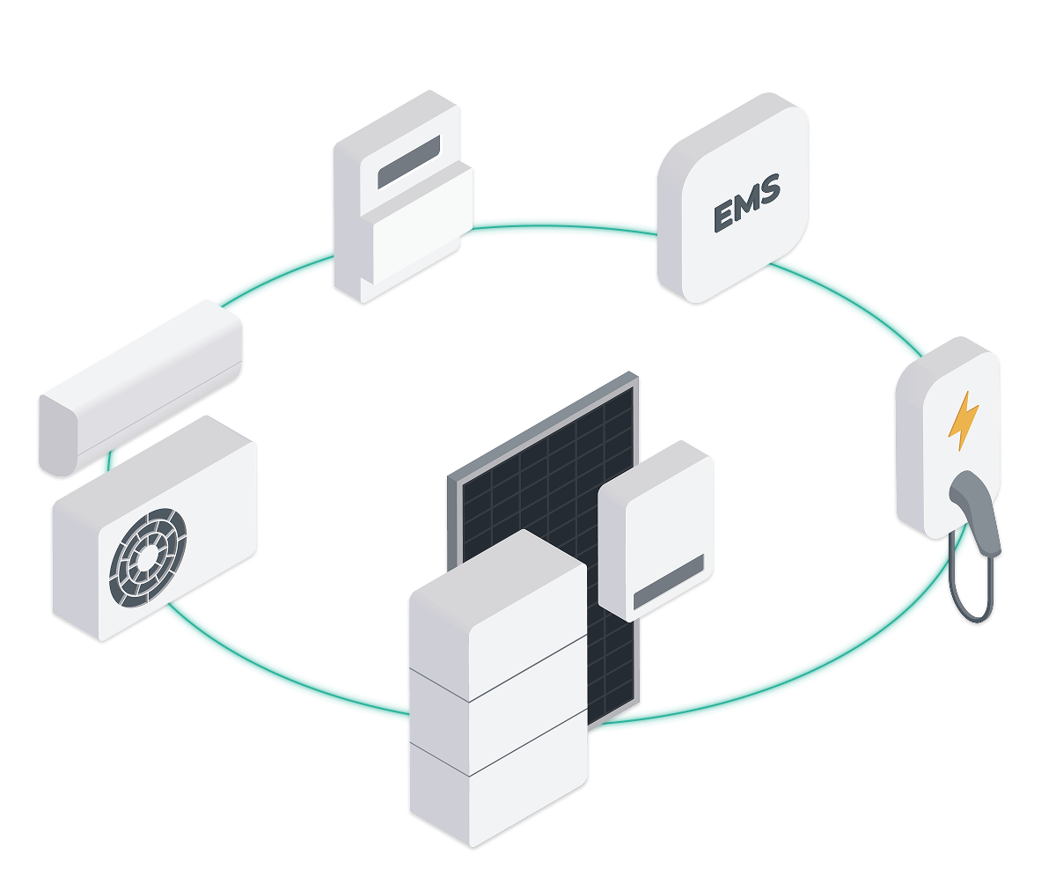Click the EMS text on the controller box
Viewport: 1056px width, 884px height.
pyautogui.click(x=746, y=205)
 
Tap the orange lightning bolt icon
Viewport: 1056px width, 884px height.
pyautogui.click(x=963, y=421)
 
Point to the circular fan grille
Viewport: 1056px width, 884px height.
pyautogui.click(x=148, y=556)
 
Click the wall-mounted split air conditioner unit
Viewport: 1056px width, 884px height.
pyautogui.click(x=139, y=387)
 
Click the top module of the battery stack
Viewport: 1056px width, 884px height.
pyautogui.click(x=498, y=616)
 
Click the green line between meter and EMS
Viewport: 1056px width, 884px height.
pyautogui.click(x=563, y=223)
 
